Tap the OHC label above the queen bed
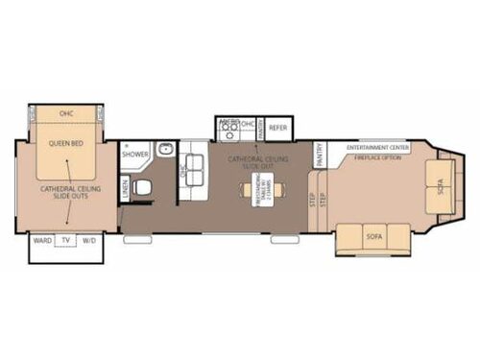pos(66,113)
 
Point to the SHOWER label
pos(135,153)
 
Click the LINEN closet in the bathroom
pos(126,189)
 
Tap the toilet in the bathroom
pos(144,187)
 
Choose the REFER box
pos(278,127)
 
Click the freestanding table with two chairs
pos(261,189)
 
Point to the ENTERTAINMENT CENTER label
pos(375,147)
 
